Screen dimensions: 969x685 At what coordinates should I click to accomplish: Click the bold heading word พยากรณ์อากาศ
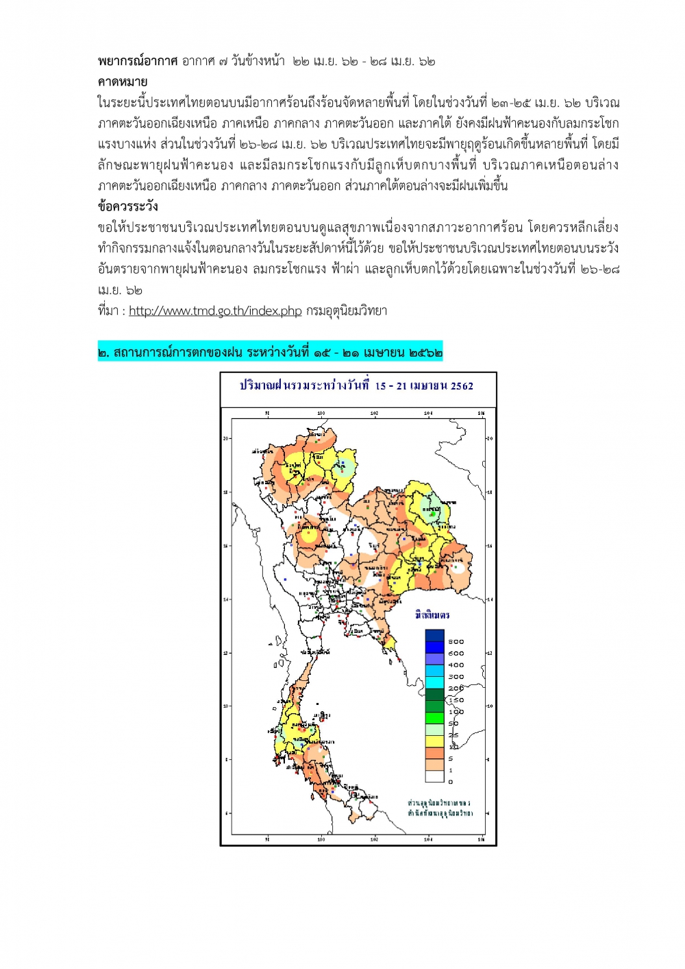pos(138,61)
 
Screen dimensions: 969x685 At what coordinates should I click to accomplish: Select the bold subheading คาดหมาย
pos(123,82)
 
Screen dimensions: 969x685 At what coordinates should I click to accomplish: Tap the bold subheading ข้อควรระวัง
pos(128,206)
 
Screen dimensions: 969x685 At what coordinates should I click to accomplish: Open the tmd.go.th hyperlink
pos(215,311)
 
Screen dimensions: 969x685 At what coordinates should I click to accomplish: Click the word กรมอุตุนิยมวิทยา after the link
pos(347,311)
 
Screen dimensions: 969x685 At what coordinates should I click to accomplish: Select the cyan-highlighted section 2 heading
pos(270,352)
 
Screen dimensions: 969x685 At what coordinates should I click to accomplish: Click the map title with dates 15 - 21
pos(356,385)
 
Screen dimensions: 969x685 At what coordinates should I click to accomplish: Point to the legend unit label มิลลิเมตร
pos(432,615)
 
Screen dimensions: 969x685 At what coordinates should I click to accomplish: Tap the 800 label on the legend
pos(456,642)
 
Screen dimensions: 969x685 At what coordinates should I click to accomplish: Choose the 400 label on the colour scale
pos(456,665)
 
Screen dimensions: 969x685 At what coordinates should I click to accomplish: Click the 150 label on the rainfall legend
pos(456,700)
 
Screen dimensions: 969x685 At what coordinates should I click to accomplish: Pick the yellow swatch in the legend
pos(434,741)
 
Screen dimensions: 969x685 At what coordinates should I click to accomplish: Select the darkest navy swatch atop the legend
pos(434,636)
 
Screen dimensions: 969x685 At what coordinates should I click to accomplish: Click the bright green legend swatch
pos(434,718)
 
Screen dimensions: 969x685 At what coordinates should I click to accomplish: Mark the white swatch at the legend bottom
pos(434,776)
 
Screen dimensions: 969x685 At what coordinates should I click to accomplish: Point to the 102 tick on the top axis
pos(374,414)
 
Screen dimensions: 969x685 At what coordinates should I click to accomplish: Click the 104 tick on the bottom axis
pos(428,839)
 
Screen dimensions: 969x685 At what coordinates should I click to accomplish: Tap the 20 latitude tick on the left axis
pos(227,438)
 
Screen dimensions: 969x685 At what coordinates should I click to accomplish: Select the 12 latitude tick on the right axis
pos(489,653)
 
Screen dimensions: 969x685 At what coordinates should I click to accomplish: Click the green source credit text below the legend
pos(440,808)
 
